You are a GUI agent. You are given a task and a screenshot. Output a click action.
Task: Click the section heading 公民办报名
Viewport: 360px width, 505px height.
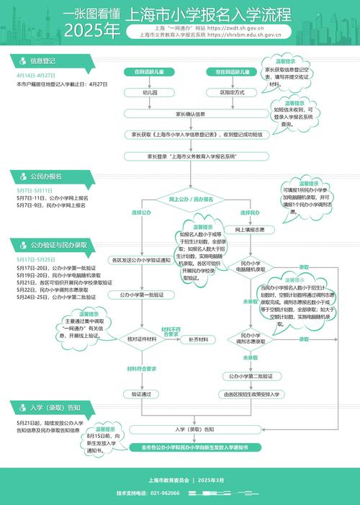[x=45, y=176]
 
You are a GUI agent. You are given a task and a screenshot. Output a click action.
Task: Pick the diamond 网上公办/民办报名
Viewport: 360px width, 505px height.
[x=192, y=199]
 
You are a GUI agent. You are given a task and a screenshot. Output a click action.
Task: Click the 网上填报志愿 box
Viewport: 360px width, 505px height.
[x=250, y=230]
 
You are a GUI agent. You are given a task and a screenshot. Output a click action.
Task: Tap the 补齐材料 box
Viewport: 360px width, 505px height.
[x=198, y=339]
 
